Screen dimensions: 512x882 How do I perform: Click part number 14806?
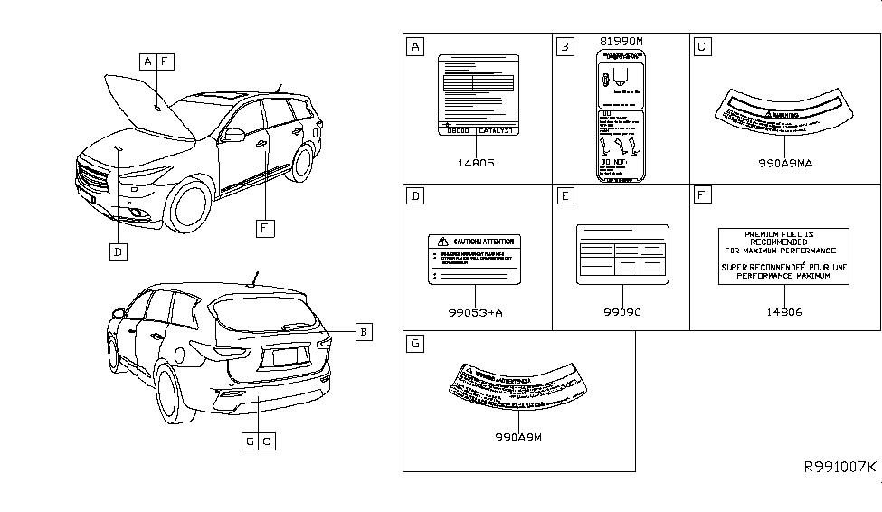784,312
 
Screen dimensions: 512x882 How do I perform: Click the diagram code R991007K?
840,467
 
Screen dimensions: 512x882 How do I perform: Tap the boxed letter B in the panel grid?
564,45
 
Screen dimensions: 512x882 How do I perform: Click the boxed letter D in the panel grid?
414,194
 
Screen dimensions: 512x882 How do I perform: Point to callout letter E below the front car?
263,229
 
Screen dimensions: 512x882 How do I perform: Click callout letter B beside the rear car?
362,332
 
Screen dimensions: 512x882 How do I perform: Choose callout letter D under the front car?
118,251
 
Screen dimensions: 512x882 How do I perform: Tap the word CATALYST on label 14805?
495,131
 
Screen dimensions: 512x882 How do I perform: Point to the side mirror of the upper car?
232,136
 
